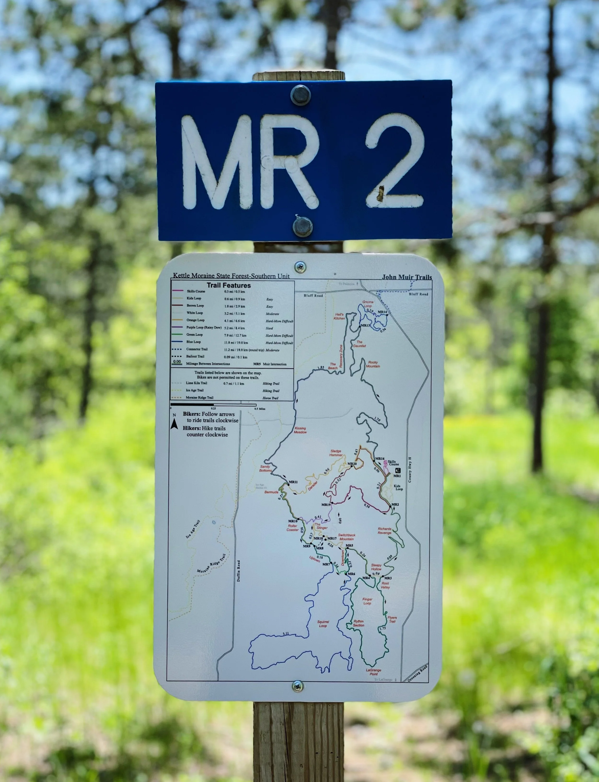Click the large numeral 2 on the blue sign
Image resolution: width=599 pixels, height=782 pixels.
tap(395, 162)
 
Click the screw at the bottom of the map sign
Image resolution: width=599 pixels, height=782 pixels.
tap(298, 685)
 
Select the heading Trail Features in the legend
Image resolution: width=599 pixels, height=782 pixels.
tap(229, 286)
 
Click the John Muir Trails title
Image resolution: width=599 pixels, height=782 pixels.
tap(406, 277)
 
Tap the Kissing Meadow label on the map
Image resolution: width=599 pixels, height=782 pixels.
tap(300, 430)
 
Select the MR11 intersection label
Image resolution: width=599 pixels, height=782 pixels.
tap(293, 482)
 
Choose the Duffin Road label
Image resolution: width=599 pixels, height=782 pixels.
tap(239, 570)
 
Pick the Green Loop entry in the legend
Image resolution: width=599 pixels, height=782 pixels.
tap(194, 335)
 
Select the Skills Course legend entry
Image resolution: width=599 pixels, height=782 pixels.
tap(196, 291)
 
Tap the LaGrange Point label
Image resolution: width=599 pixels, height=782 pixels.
tap(373, 672)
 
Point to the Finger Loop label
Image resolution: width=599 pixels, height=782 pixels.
tap(367, 601)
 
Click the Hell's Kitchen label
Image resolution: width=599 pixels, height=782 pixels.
tap(340, 316)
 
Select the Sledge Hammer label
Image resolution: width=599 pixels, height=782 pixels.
tap(336, 453)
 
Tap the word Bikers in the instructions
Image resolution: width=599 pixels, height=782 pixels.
tap(191, 414)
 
